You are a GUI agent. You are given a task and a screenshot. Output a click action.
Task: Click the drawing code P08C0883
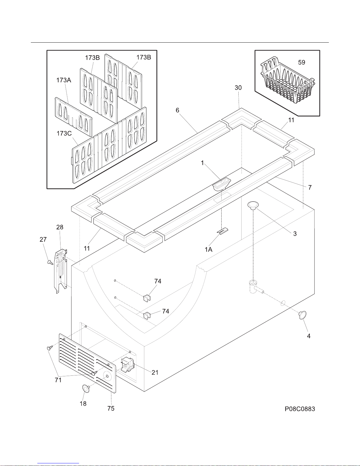tap(299, 409)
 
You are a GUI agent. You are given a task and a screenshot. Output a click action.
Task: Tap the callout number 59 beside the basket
tap(302, 62)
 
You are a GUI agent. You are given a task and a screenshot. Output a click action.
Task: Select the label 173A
tap(64, 80)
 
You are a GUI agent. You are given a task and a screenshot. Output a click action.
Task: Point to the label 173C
tap(64, 133)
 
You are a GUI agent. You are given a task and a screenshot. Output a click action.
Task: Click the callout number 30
tap(238, 88)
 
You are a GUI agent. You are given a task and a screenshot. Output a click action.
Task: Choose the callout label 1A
tap(208, 249)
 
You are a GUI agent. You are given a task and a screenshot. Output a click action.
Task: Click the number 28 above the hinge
tap(60, 227)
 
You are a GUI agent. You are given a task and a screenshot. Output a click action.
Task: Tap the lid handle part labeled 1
tap(222, 184)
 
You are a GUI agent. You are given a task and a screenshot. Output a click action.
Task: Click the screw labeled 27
tap(50, 262)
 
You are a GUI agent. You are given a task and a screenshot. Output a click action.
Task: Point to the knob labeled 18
tap(86, 388)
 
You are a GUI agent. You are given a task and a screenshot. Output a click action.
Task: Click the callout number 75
tap(111, 408)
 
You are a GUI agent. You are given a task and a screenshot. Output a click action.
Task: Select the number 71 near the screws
tap(58, 380)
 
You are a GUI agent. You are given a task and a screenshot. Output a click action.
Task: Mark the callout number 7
tap(310, 188)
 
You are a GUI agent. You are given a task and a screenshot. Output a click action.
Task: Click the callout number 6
tap(178, 110)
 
